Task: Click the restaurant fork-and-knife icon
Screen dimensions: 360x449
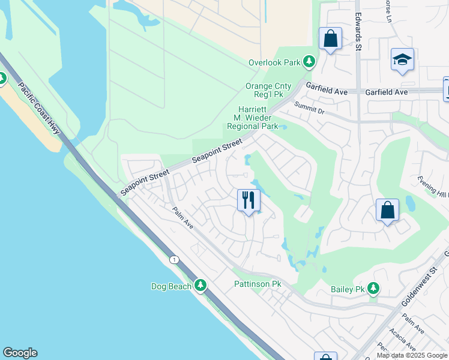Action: [249, 200]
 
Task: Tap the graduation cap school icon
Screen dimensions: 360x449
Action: [402, 59]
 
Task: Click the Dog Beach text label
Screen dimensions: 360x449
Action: [171, 286]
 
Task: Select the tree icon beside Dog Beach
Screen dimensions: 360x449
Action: [200, 286]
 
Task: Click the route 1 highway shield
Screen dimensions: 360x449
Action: [174, 259]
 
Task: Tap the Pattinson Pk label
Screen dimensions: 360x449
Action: [258, 283]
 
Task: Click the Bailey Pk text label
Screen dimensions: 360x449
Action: [348, 289]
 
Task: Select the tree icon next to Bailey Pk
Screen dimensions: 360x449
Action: [374, 289]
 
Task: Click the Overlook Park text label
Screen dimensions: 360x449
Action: [274, 62]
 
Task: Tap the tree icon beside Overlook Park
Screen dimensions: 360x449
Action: [309, 62]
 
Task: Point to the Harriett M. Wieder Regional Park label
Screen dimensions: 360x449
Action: [252, 118]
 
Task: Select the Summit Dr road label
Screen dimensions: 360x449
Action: [309, 107]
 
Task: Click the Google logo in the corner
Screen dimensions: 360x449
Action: [20, 353]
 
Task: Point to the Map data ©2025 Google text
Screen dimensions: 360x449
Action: [412, 355]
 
